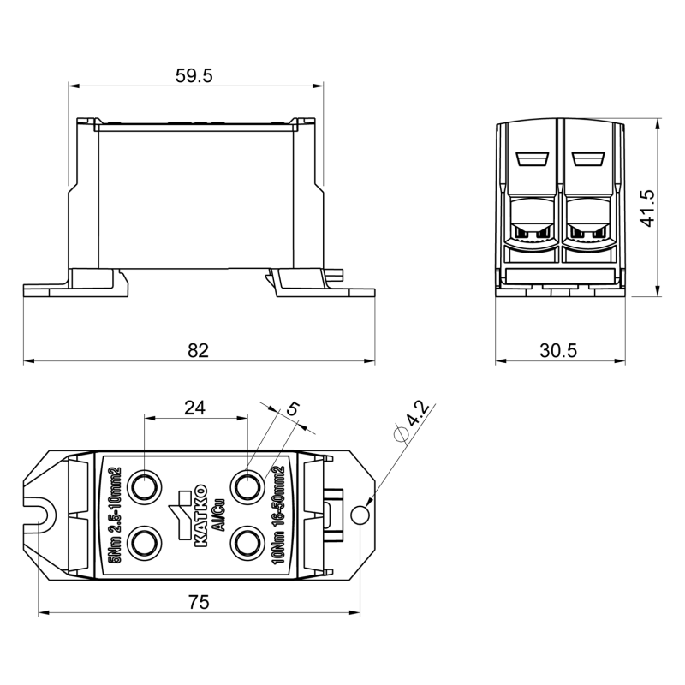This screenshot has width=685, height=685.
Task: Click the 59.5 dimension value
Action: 194,76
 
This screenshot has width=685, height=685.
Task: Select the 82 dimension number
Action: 199,350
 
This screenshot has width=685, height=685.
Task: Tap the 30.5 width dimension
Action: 558,350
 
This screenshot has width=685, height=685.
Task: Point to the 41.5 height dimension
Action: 647,208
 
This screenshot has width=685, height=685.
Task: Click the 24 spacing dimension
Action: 195,408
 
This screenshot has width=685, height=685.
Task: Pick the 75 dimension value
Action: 199,602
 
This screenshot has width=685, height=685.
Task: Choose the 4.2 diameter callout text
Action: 418,414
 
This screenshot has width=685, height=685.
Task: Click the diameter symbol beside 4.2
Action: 401,434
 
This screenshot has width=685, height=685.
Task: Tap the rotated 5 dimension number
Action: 293,409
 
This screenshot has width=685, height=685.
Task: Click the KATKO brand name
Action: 200,515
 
